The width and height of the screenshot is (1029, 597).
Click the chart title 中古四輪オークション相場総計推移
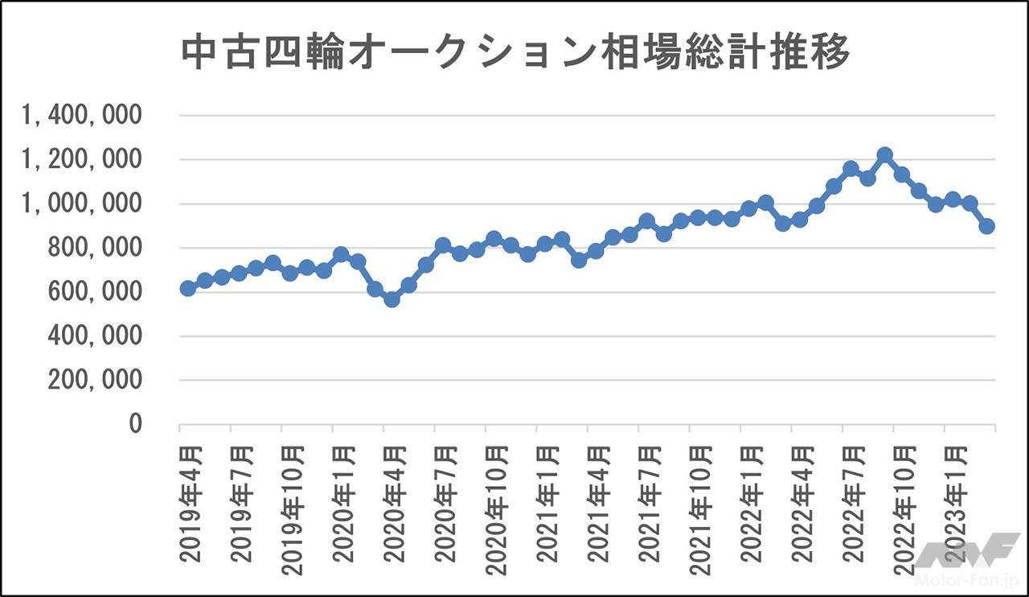click(x=514, y=54)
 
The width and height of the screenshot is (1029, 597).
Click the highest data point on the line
click(x=885, y=154)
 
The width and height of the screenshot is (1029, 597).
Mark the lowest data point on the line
click(x=392, y=299)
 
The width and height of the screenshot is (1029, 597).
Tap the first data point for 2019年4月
click(x=188, y=288)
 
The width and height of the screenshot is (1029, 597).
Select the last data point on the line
click(x=987, y=226)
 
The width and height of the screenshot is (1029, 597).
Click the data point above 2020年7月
click(x=443, y=245)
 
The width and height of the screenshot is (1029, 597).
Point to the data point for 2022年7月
click(x=851, y=168)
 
